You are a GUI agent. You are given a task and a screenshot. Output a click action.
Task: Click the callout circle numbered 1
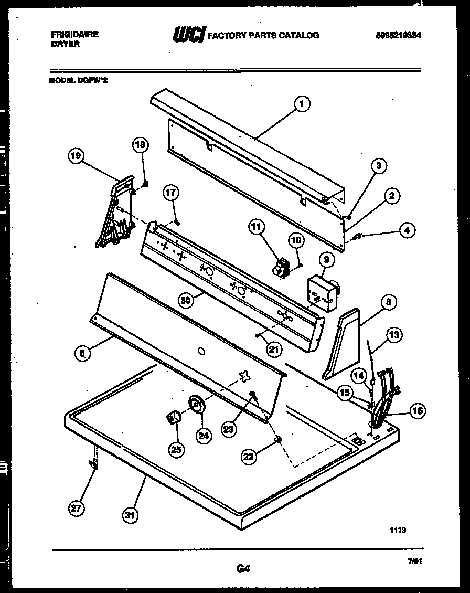(301, 104)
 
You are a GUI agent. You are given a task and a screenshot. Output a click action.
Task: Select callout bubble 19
(77, 155)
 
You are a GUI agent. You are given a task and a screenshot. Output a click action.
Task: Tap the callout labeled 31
(130, 516)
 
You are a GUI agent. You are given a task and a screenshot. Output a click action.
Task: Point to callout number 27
(77, 507)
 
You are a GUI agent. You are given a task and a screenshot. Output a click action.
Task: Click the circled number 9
(326, 259)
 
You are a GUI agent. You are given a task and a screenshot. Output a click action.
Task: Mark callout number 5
(82, 353)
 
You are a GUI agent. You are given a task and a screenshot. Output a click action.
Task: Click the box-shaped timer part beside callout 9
(321, 294)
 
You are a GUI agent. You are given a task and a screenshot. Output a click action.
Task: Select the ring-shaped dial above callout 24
(196, 405)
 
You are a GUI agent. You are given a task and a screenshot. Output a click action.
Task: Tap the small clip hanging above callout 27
(94, 462)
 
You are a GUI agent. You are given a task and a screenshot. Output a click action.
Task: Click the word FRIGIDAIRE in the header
(74, 34)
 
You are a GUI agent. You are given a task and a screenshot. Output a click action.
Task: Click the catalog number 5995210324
(399, 35)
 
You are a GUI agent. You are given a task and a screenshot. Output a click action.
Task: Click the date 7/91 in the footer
(414, 561)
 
